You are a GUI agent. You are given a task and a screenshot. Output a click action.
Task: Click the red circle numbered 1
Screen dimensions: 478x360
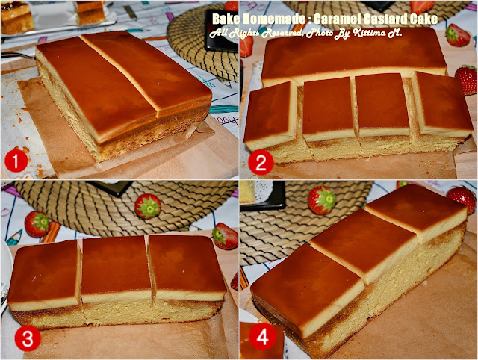tap(16, 161)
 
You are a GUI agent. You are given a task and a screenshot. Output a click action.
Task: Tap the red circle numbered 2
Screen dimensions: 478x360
tap(261, 163)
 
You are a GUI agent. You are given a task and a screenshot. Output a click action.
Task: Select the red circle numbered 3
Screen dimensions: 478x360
tap(28, 338)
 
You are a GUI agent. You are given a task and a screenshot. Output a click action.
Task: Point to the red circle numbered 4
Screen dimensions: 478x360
tap(262, 337)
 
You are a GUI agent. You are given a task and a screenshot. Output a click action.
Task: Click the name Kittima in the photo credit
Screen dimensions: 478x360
tap(368, 33)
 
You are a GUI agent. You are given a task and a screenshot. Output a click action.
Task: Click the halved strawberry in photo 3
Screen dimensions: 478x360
tap(226, 236)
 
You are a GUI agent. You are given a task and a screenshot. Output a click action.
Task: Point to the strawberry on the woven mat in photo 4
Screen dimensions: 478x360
tap(322, 200)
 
